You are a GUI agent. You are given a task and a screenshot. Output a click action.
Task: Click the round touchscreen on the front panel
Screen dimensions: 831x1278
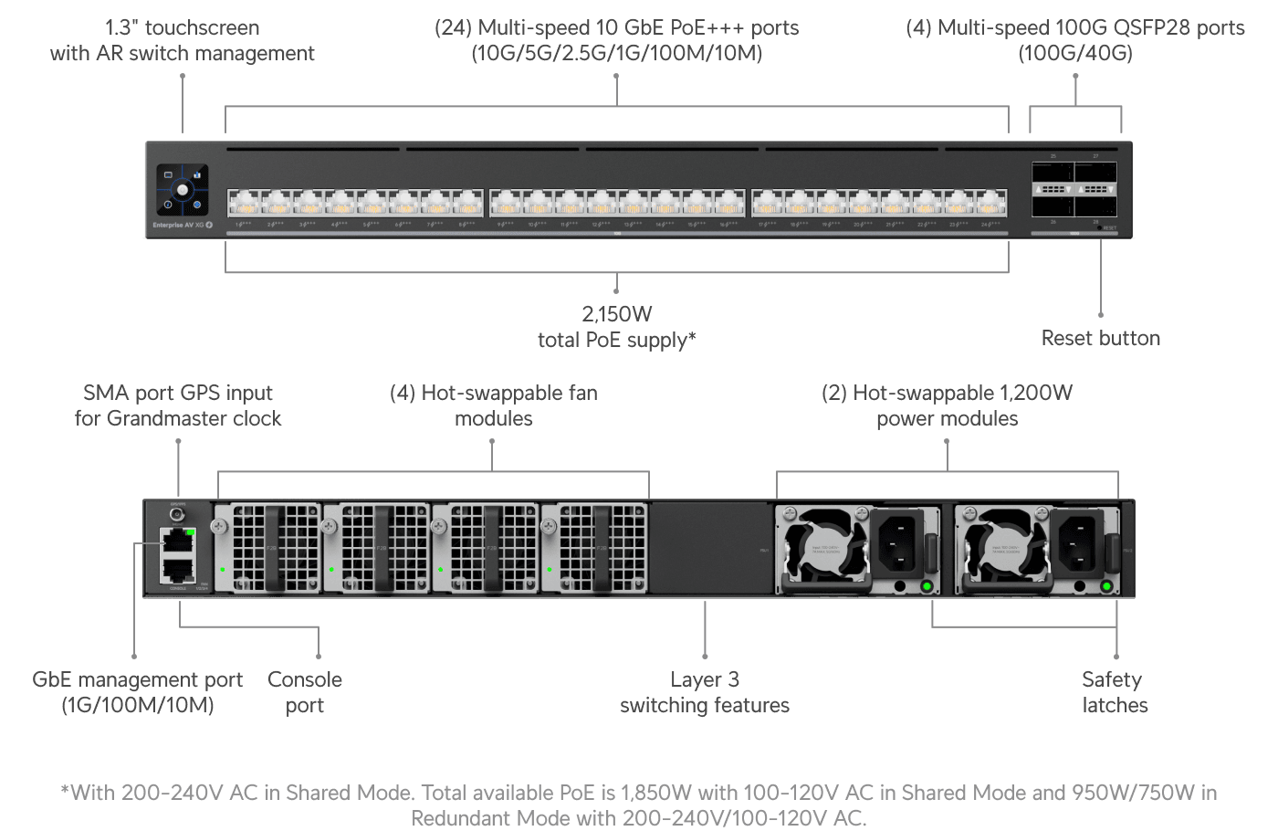tap(183, 190)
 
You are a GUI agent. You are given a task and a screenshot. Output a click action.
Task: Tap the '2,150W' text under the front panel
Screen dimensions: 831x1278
tap(616, 314)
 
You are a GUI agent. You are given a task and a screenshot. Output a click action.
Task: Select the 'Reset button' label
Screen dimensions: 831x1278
tap(1100, 338)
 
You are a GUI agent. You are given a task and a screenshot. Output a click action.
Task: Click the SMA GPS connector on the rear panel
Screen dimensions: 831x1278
tap(177, 515)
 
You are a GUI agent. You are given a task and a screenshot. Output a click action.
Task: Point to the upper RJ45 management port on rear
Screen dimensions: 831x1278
tap(177, 541)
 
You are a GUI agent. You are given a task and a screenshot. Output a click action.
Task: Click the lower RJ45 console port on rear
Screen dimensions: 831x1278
tap(177, 570)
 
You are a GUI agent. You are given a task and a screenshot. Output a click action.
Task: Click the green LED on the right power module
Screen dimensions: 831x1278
tap(1106, 586)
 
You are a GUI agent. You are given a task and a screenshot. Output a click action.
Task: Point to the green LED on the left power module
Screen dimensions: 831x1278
tap(927, 586)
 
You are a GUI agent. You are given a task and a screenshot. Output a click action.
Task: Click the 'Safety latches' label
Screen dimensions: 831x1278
tap(1114, 692)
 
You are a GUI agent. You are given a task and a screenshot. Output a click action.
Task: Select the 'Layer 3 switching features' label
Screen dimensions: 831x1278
tap(704, 692)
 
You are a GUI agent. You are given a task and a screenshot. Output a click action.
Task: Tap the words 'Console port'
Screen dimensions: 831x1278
tap(305, 692)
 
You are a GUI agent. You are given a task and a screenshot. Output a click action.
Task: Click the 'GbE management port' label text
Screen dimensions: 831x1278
tap(137, 680)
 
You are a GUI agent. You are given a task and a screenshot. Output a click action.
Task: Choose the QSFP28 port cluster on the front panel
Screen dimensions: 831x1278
tap(1074, 189)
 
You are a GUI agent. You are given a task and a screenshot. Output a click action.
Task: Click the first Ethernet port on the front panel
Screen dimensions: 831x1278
tap(242, 202)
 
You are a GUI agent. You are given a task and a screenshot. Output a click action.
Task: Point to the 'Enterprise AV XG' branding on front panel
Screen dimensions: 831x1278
tap(178, 225)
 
